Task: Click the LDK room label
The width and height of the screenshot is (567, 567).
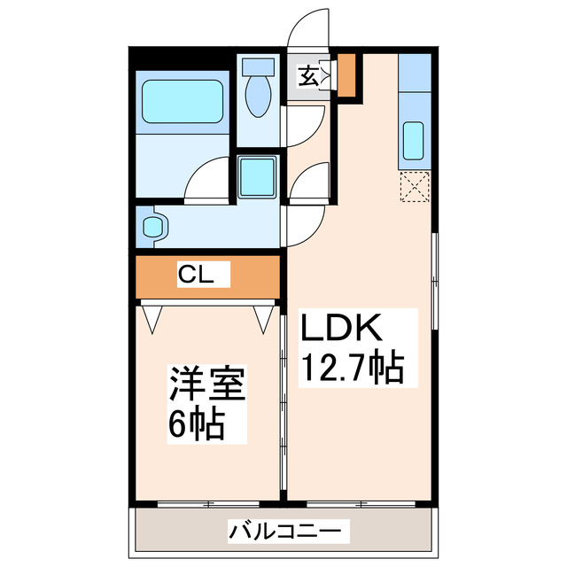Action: pyautogui.click(x=343, y=330)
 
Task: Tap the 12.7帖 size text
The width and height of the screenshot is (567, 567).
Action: pyautogui.click(x=353, y=367)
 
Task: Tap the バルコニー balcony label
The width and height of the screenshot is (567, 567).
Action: pyautogui.click(x=283, y=532)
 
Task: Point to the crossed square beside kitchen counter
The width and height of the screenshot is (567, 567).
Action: pyautogui.click(x=414, y=187)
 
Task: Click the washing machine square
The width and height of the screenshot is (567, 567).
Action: pyautogui.click(x=259, y=178)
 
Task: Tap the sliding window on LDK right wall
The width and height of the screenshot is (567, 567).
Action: pyautogui.click(x=434, y=283)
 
